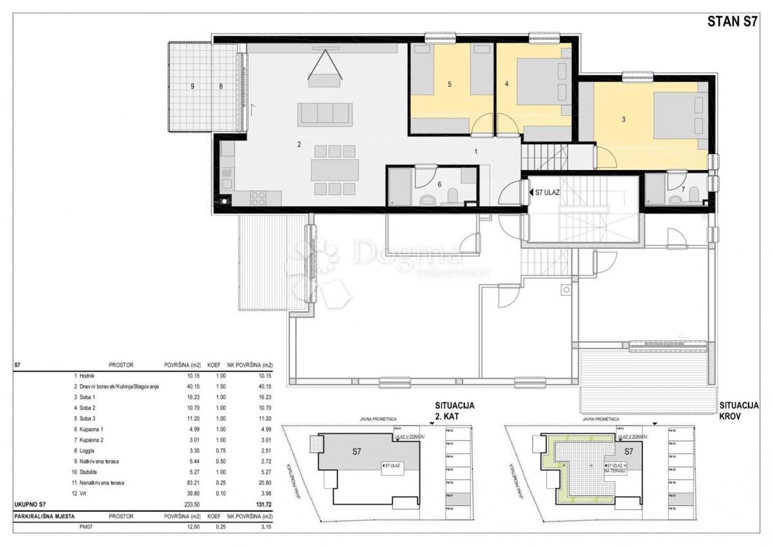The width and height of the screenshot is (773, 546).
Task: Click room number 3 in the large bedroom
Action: [623, 119]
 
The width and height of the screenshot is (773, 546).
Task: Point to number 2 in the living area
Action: [299, 144]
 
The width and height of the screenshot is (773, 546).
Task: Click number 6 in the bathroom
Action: [439, 184]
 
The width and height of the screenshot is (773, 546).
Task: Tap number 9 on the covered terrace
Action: [192, 85]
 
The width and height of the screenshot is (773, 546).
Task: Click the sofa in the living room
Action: [325, 114]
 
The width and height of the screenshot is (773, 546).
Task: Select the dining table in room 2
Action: [334, 170]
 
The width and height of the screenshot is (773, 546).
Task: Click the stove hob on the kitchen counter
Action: [258, 198]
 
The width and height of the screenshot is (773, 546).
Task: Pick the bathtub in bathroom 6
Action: [399, 187]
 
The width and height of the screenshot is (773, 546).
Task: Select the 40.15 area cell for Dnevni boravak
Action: [175, 386]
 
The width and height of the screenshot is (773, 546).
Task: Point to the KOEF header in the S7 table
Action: [214, 365]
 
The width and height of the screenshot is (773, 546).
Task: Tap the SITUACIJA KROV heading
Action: [739, 411]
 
